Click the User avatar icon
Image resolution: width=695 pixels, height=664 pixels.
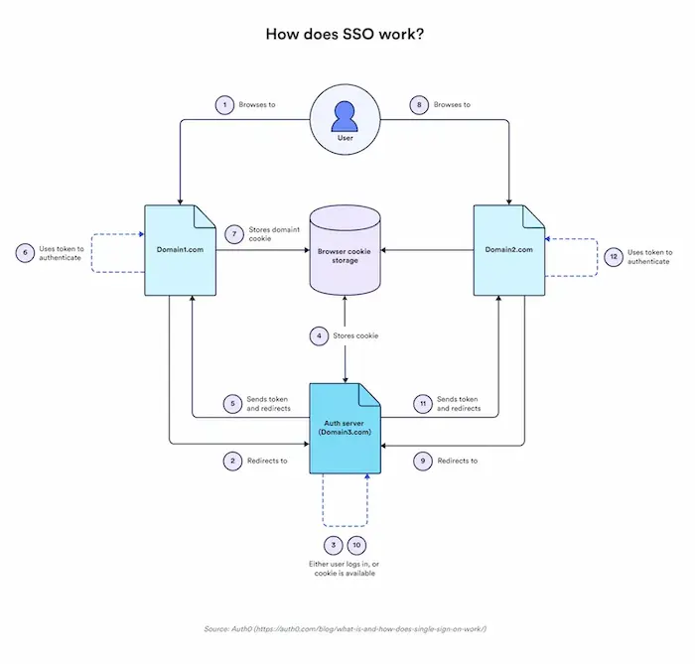point(346,119)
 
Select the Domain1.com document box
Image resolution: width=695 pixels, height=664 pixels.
point(180,249)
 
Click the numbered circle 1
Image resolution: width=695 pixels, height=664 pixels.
point(225,104)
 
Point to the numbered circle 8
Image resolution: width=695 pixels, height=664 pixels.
point(419,104)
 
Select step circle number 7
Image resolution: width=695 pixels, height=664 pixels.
point(234,234)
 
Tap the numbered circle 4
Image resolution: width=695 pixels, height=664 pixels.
point(319,335)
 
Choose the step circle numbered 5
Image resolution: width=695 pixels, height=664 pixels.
point(231,404)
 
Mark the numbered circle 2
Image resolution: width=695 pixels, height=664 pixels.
point(231,461)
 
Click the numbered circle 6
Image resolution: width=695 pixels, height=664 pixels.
point(22,252)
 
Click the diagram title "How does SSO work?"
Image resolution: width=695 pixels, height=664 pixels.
point(345,34)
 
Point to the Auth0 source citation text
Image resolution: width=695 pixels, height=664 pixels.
point(346,629)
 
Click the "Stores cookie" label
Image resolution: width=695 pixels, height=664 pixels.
point(355,336)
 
